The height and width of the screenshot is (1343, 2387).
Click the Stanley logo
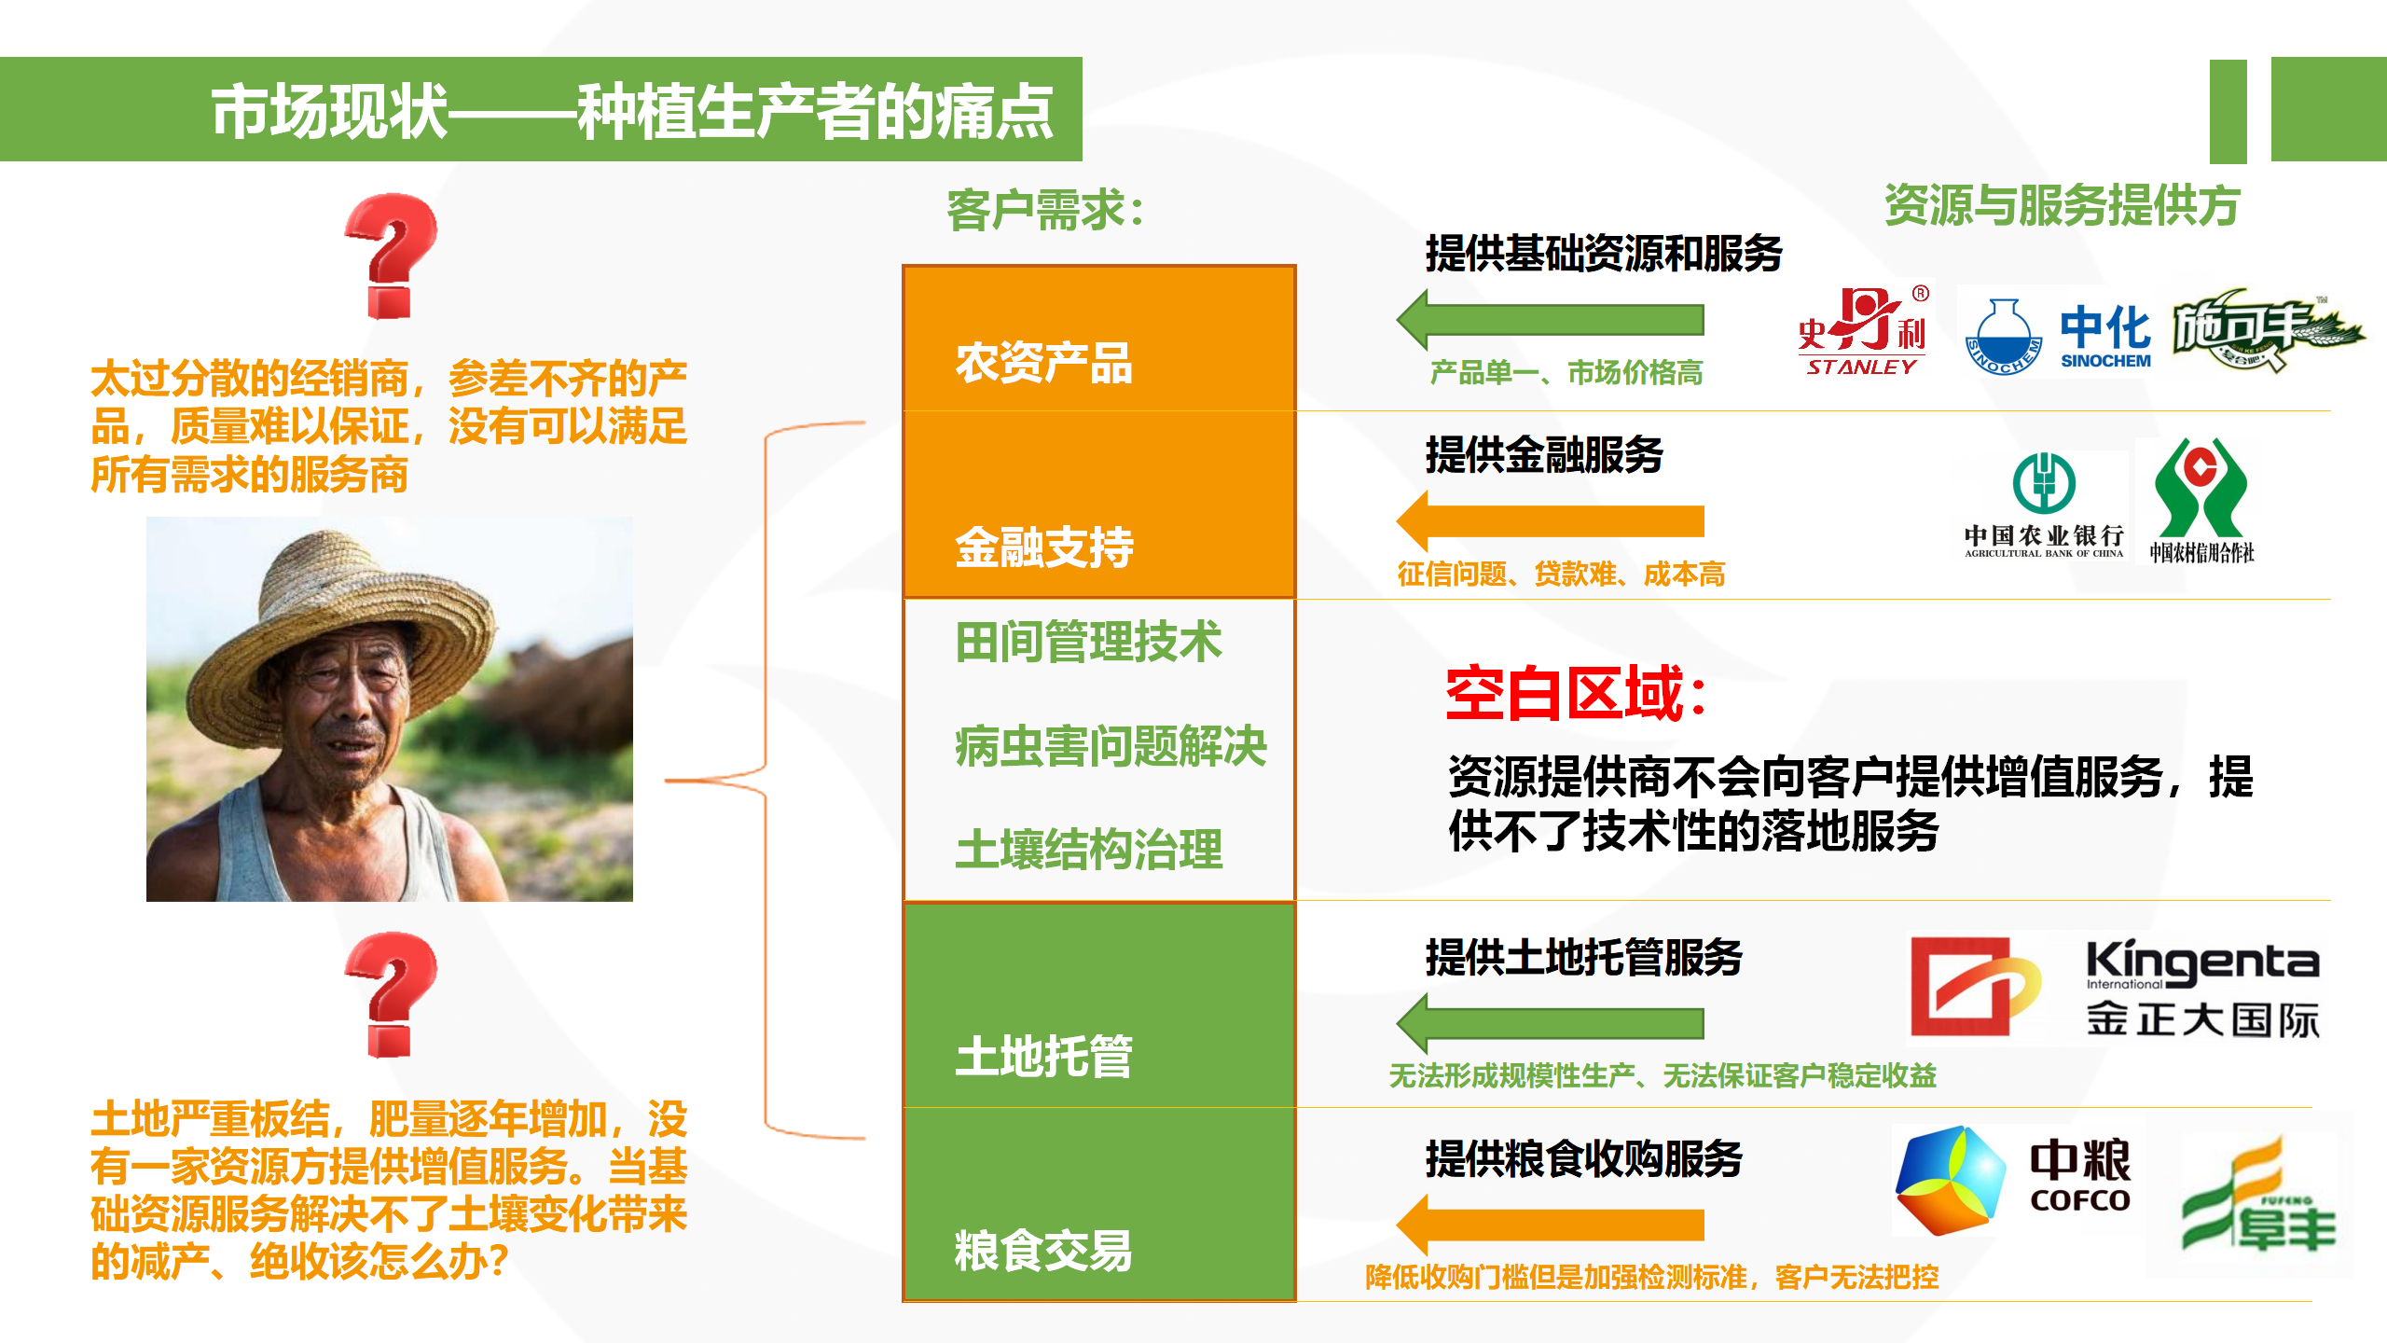1862,331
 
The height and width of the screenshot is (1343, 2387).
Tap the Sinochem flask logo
2003,338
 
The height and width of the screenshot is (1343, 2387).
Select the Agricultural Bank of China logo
2043,505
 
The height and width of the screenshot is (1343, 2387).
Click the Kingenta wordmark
2202,963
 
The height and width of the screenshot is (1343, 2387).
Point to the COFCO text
2080,1200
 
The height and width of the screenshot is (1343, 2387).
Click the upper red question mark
391,256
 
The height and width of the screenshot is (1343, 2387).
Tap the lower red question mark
391,994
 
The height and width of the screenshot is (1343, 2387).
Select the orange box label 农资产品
1043,363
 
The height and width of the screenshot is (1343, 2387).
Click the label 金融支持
1043,547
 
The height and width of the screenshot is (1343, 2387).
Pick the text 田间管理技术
1088,642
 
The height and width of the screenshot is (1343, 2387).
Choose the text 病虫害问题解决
1111,746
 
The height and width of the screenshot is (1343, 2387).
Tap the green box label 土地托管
1043,1056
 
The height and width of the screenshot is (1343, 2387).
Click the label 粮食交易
1043,1251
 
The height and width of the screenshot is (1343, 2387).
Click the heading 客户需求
1045,210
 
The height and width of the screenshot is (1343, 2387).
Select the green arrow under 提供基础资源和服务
1550,320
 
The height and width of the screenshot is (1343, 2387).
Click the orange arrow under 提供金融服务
1550,521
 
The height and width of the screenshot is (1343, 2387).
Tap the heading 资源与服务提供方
2062,205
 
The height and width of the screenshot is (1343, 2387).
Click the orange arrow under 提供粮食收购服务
1550,1225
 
